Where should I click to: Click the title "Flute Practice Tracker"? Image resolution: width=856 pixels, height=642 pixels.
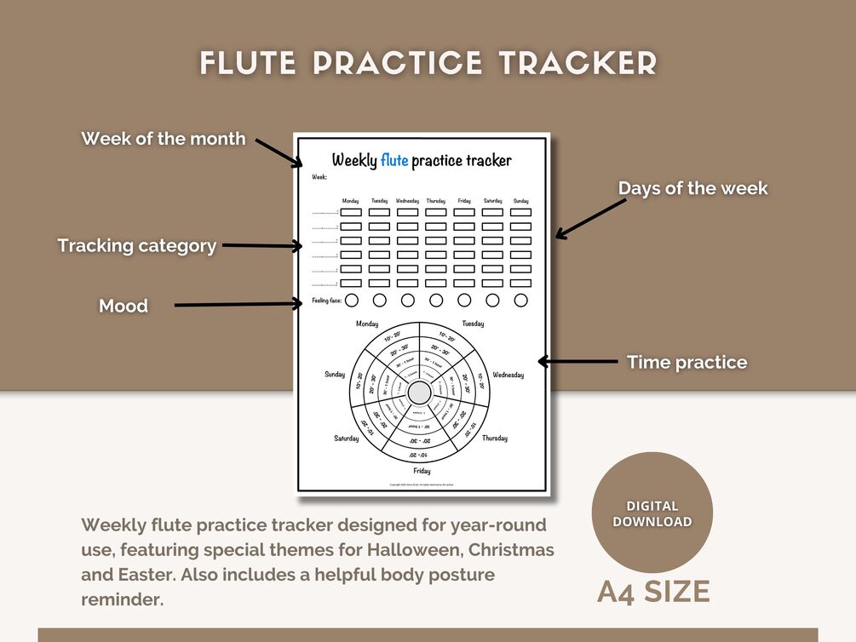point(428,63)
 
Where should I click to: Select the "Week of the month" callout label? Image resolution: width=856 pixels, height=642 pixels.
point(164,138)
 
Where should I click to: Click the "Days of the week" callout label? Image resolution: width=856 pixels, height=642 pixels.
point(692,188)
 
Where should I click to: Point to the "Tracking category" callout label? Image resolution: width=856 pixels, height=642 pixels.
point(136,246)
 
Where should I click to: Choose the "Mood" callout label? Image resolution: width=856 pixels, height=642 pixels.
point(124,306)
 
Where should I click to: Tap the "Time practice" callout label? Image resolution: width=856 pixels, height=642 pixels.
point(687,362)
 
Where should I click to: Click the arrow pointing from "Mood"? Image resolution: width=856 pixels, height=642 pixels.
point(238,303)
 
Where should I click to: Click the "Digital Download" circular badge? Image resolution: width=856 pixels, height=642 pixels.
point(652,513)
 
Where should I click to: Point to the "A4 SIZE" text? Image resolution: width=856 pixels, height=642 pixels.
point(653,591)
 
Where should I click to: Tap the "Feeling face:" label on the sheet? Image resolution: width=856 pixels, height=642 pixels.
point(327,301)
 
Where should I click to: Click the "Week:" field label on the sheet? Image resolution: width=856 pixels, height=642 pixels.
point(319,177)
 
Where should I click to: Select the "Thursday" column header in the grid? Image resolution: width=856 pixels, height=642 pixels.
point(435,201)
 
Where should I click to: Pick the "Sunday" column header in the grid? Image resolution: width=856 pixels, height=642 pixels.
point(520,201)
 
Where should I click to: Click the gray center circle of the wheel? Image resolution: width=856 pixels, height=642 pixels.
point(420,393)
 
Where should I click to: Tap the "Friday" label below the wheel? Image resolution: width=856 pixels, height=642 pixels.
point(422,471)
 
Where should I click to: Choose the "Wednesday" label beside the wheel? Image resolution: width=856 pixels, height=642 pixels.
point(508,375)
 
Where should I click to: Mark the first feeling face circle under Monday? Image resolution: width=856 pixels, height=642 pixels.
point(352,300)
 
